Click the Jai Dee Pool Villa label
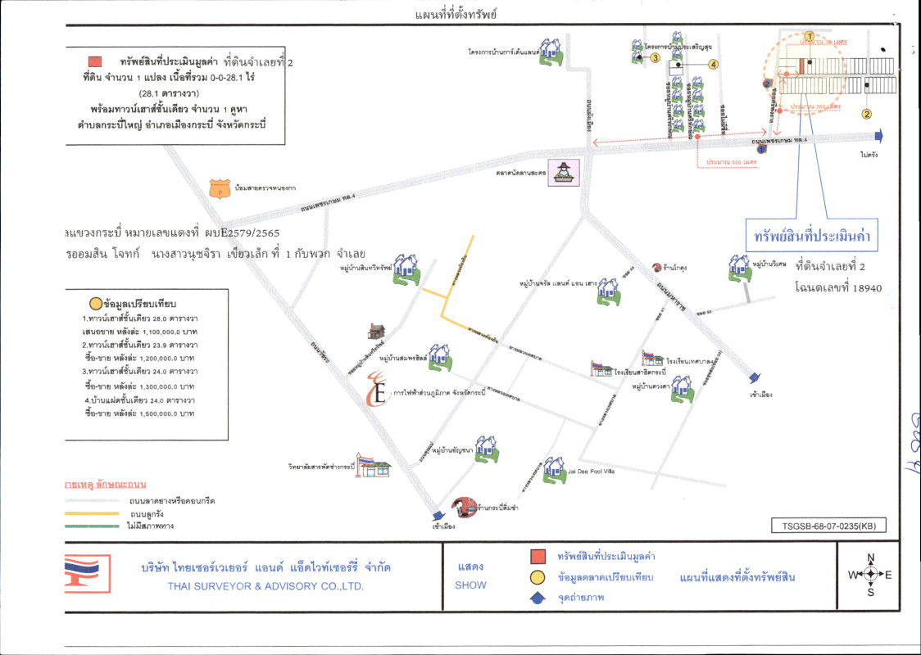pos(591,472)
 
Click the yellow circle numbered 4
pos(714,64)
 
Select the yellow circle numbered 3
pos(655,57)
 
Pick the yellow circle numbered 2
pos(866,114)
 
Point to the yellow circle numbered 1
pos(809,35)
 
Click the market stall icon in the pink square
pos(565,171)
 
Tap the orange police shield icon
pos(218,188)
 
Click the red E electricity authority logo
pos(378,389)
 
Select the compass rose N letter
pos(870,558)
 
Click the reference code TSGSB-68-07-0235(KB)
pos(828,527)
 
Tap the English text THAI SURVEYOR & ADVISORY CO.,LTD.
pos(265,586)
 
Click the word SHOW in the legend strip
pos(470,585)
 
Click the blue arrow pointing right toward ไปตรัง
pos(878,136)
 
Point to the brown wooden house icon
pos(376,331)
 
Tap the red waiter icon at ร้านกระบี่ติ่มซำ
pos(464,507)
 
